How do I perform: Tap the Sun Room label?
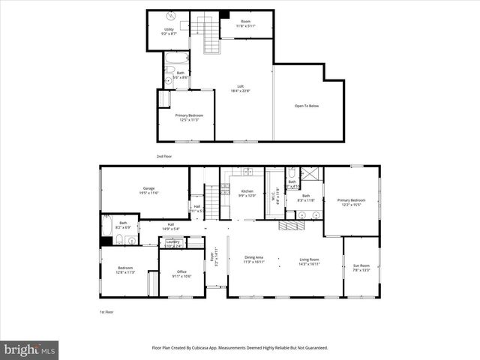click(x=361, y=265)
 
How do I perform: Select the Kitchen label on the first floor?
click(x=247, y=191)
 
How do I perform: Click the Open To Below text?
click(x=306, y=106)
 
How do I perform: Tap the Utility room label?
click(x=169, y=29)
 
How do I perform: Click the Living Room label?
click(x=310, y=260)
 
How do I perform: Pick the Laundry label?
click(x=173, y=241)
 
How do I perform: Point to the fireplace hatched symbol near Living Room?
click(x=289, y=225)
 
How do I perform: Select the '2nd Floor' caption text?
click(x=164, y=156)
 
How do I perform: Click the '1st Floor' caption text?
click(x=107, y=312)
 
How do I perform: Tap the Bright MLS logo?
click(x=29, y=349)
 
